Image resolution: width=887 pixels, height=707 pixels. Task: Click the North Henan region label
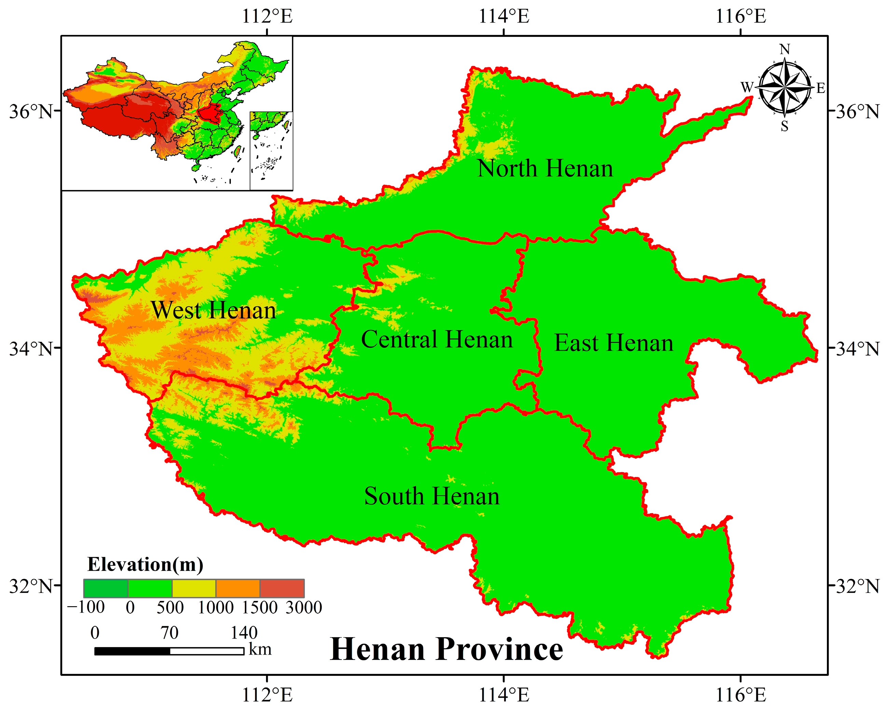545,169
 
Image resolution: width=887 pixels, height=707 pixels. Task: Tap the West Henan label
213,310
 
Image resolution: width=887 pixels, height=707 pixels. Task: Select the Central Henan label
437,340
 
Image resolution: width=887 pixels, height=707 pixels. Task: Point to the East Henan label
614,343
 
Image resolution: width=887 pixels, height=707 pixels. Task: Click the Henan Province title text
446,650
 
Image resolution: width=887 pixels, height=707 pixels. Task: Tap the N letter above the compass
785,50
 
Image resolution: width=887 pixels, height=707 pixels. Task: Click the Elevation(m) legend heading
145,564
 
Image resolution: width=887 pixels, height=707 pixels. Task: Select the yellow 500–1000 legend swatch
194,588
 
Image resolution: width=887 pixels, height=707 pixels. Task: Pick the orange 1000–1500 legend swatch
238,588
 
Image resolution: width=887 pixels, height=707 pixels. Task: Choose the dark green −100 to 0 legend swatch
106,588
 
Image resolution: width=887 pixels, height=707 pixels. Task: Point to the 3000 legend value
304,608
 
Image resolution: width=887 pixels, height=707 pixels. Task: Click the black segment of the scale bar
132,651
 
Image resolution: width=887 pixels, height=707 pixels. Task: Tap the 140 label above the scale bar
244,633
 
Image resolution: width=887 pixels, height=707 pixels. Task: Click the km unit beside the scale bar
260,650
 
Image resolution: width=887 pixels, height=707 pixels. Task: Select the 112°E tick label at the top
267,17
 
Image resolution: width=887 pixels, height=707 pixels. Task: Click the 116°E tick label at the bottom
740,695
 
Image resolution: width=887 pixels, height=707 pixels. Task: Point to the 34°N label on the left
31,349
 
